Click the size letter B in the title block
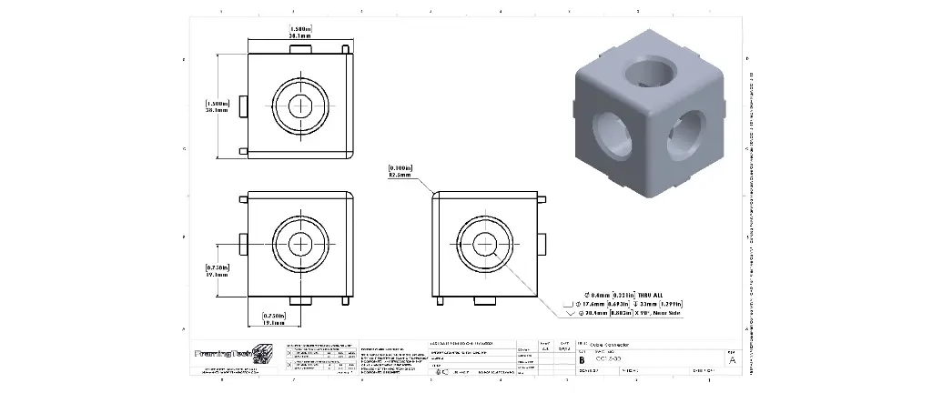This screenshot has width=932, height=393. pyautogui.click(x=582, y=359)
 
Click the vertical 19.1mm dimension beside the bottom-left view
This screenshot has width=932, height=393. pyautogui.click(x=217, y=270)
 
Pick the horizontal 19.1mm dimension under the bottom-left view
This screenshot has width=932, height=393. pyautogui.click(x=274, y=318)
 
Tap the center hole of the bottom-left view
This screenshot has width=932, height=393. pyautogui.click(x=301, y=243)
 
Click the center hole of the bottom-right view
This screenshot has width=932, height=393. pyautogui.click(x=485, y=243)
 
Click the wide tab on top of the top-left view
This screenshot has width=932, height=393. pyautogui.click(x=301, y=49)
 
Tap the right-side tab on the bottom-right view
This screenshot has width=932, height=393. pyautogui.click(x=542, y=243)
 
